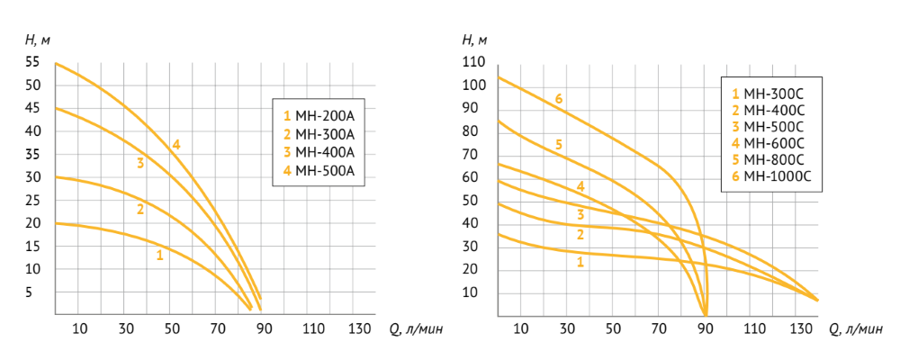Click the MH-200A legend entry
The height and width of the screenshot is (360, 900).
point(319,115)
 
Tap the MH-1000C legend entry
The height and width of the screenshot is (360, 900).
point(771,176)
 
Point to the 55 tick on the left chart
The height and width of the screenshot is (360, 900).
point(32,62)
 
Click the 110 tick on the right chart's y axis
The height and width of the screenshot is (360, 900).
point(473,62)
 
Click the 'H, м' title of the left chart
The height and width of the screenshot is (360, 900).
point(37,40)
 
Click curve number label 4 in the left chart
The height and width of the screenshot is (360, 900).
point(176,144)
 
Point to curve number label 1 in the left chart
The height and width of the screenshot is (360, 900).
point(159,255)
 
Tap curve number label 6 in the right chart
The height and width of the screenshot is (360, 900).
point(559,98)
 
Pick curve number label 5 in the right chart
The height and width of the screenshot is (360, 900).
point(559,144)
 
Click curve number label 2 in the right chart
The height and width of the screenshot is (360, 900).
point(580,235)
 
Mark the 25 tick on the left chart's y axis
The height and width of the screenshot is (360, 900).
point(32,200)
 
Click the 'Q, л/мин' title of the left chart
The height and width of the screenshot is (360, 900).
point(416,328)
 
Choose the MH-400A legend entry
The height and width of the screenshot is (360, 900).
point(319,151)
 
